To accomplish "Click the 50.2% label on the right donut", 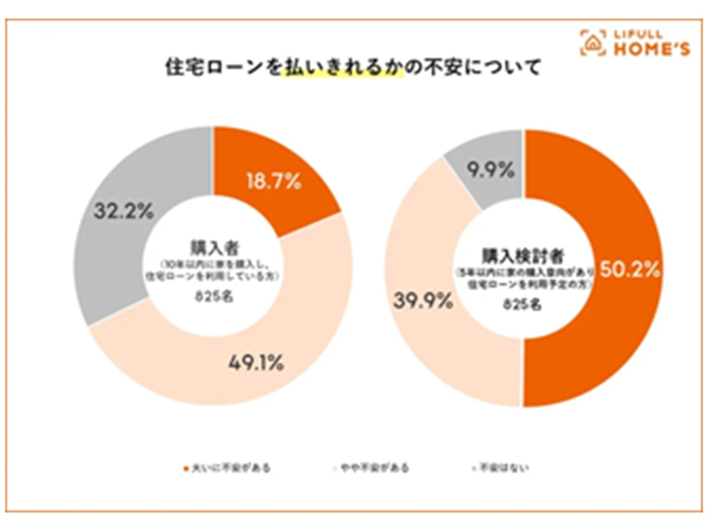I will point(629,270).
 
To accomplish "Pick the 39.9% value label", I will point(422,302).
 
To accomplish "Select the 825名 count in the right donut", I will point(523,305).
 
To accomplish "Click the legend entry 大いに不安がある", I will point(227,468).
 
